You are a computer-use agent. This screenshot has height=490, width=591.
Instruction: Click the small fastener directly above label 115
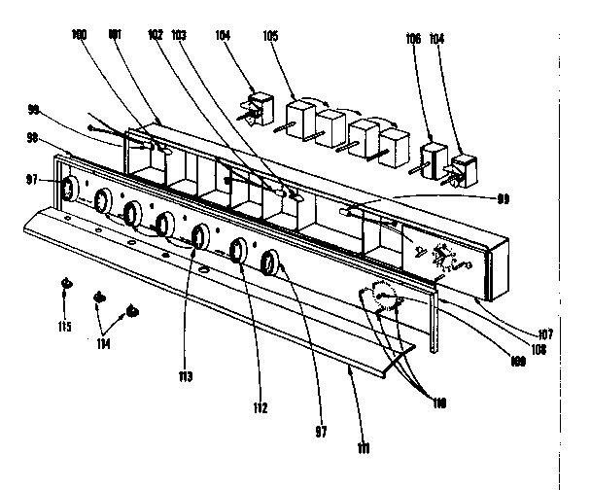click(65, 284)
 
